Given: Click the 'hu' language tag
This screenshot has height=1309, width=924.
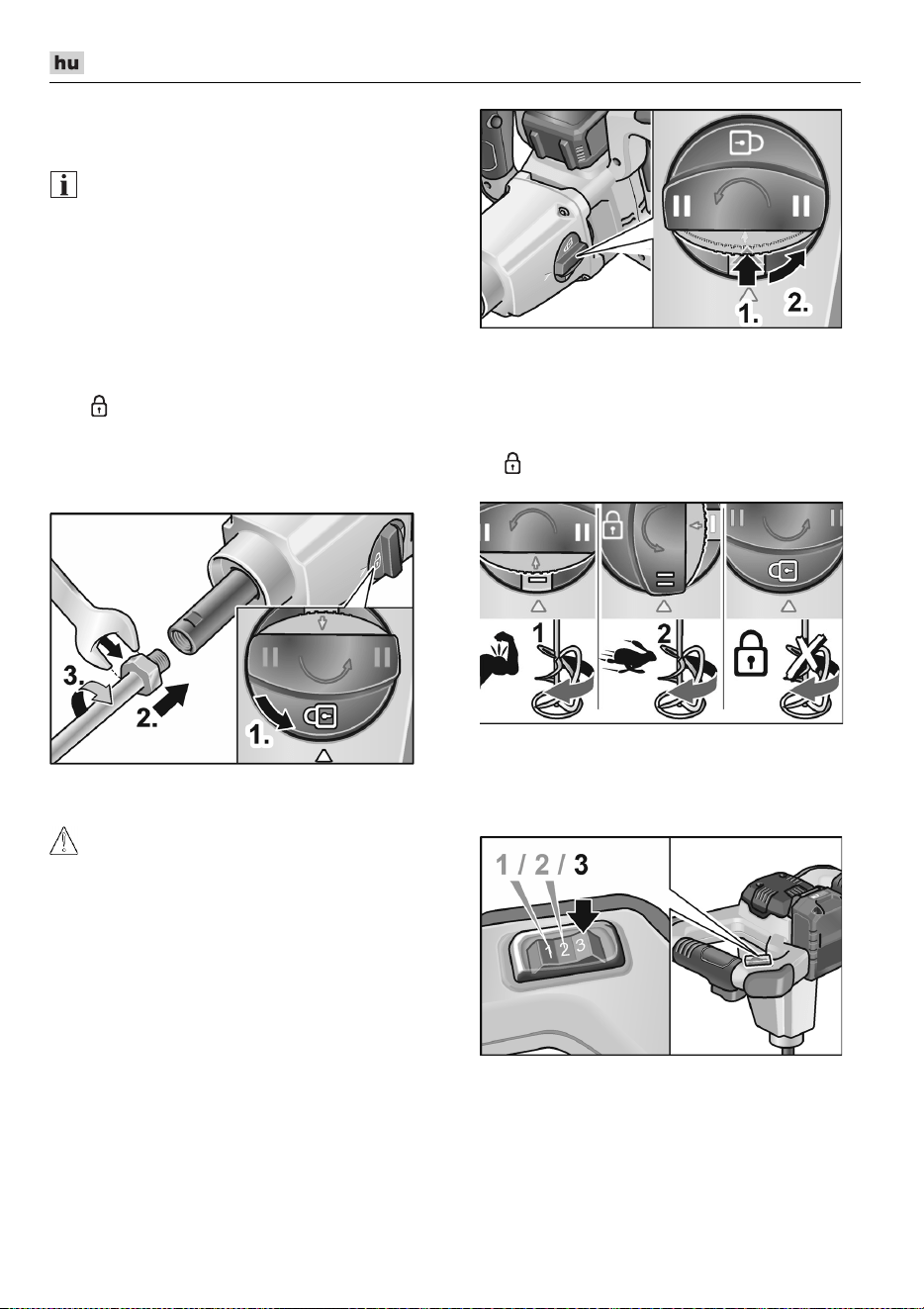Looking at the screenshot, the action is (x=66, y=62).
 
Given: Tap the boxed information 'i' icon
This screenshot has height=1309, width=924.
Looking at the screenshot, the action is (x=63, y=185).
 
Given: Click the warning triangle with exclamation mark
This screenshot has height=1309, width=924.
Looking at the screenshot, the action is (x=63, y=840).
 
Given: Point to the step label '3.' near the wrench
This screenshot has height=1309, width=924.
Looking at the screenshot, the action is (x=73, y=677).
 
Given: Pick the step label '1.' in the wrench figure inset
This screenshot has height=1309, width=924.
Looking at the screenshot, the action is (x=260, y=735).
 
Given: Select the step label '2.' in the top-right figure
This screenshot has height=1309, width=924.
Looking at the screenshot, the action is (x=797, y=303).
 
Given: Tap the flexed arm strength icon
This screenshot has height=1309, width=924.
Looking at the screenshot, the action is (x=500, y=657).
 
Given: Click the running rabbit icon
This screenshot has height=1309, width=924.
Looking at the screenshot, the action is (x=630, y=658).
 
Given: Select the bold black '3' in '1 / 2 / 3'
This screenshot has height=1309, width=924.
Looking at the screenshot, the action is (x=581, y=865).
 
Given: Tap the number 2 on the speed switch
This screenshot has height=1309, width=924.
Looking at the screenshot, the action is (x=565, y=948).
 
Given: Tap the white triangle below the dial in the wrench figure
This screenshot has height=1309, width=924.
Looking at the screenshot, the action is (x=323, y=756).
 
